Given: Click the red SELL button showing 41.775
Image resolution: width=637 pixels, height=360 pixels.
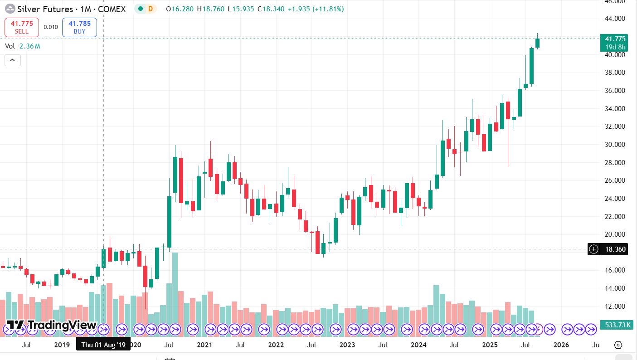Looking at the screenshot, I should coord(21,27).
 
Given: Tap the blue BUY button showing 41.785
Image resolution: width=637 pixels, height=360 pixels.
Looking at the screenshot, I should coord(79,27).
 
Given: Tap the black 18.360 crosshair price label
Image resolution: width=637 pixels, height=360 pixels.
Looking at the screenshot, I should coord(613,249).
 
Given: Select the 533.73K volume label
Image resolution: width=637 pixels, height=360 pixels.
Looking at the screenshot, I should coord(615,325).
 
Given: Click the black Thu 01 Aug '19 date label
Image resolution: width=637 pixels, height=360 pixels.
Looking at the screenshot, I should coord(103,345).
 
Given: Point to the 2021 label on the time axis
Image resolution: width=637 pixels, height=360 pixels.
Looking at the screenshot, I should coord(204,345).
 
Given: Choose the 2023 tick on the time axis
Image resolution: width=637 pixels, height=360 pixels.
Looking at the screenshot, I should coord(347,345).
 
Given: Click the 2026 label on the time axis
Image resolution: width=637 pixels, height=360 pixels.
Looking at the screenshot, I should coord(561,345).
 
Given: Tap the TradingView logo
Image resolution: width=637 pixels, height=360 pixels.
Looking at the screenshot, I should coord(51,325).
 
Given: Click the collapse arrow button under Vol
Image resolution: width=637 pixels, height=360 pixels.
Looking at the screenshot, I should coord(13,60).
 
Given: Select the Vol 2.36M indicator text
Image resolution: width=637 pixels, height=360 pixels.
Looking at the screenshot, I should coord(23,46).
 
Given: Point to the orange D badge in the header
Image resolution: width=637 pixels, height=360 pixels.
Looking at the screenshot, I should coord(150,9).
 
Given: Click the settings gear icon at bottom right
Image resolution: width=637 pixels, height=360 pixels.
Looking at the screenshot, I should coord(618,345).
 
